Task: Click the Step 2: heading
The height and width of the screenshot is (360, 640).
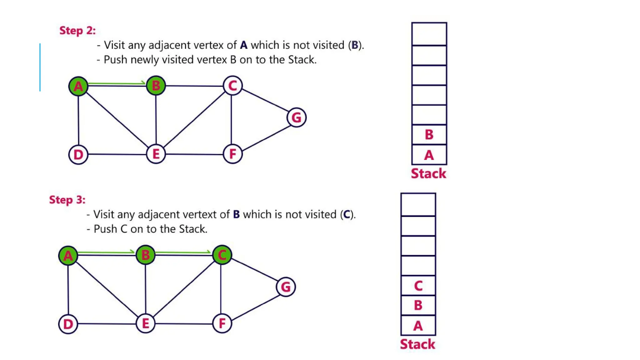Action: [x=77, y=31]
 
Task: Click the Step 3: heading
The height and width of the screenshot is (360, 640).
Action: [x=67, y=200]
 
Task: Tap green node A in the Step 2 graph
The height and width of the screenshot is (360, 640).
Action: [x=78, y=86]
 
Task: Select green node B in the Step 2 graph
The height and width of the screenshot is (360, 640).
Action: [x=156, y=85]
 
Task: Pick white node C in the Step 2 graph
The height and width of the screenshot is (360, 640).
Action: [x=232, y=85]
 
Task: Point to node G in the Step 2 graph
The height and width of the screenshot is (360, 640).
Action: [x=296, y=117]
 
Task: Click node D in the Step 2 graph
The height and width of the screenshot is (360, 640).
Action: [x=78, y=154]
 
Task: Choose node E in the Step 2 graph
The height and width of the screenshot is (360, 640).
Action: [x=156, y=154]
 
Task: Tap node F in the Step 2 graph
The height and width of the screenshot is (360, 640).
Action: [x=232, y=154]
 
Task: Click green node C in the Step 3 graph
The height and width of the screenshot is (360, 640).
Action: [x=222, y=255]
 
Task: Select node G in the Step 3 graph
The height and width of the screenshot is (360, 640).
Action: [x=286, y=287]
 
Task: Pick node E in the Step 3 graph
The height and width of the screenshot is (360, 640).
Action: [x=145, y=323]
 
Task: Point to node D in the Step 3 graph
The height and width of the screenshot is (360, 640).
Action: [x=68, y=324]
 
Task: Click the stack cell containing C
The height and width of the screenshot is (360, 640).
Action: [x=418, y=286]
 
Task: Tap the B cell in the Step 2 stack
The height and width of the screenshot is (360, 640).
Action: [x=429, y=135]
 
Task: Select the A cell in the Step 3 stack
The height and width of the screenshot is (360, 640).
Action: [x=418, y=326]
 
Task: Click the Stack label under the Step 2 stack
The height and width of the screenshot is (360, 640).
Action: [x=428, y=173]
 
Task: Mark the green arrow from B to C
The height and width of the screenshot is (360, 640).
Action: [x=183, y=252]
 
